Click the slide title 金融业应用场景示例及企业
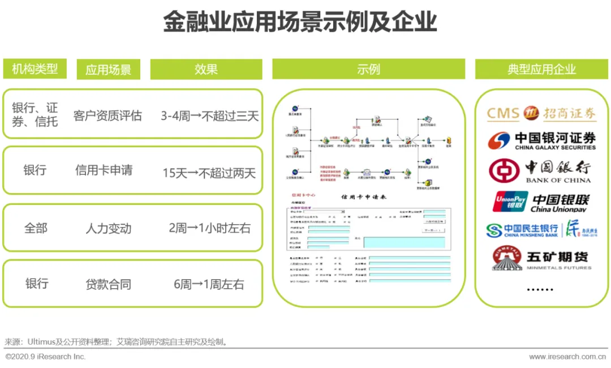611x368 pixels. point(300,23)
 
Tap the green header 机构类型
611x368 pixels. point(35,69)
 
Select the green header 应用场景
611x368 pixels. point(109,70)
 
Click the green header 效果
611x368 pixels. point(206,69)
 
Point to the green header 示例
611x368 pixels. point(368,69)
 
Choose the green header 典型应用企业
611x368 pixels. point(541,69)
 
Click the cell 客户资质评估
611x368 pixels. point(107,116)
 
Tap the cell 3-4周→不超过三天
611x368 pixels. point(209,116)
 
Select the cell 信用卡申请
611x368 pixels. point(104,170)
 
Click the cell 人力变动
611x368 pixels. point(109,228)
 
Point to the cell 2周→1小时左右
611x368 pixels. point(209,228)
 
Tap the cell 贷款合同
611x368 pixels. point(109,284)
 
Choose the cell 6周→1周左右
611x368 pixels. point(209,284)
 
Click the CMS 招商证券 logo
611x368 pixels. point(541,113)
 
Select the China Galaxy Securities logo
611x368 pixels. point(541,140)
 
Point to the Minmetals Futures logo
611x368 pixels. point(541,259)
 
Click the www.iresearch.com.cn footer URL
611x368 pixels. point(567,357)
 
